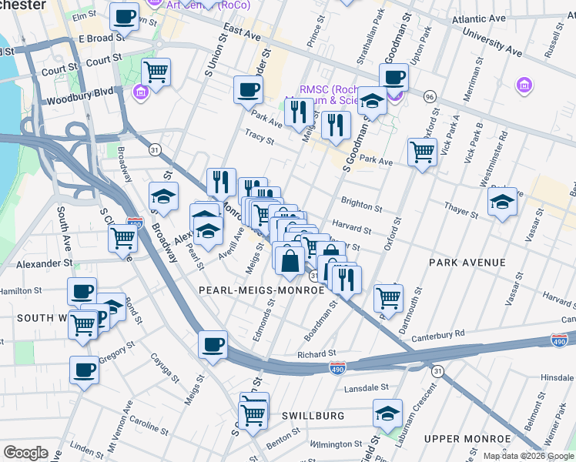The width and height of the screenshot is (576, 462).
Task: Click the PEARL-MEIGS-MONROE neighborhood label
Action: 261,290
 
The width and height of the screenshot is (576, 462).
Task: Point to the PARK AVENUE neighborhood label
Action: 467,263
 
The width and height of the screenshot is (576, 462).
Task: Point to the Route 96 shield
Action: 430,96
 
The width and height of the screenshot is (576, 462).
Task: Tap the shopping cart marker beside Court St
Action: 156,72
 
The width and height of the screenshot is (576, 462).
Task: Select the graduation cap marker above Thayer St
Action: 501,202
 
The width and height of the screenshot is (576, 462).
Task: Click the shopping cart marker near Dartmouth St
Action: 388,296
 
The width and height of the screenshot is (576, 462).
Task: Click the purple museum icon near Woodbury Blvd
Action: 141,93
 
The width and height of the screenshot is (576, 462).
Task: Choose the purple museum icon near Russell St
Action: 525,84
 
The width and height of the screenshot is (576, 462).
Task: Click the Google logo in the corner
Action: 25,453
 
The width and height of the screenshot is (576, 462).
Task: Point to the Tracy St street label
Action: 260,137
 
